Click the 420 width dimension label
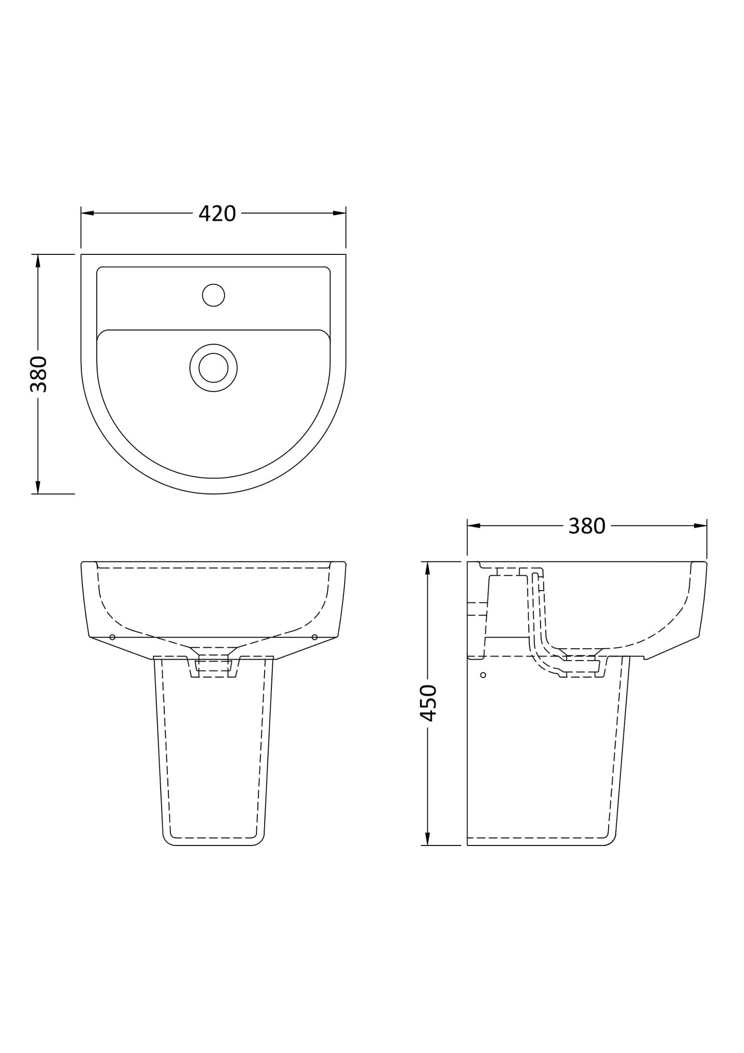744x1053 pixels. tap(217, 214)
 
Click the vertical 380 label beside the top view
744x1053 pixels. tap(39, 374)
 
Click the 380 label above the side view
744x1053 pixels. tap(586, 526)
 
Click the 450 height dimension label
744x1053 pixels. tap(428, 703)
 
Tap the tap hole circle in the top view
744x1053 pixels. tap(213, 295)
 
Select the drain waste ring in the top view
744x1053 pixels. tap(213, 368)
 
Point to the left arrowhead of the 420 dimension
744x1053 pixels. tap(87, 213)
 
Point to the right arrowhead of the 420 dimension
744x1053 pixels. tap(340, 213)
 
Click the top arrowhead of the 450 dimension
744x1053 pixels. tap(427, 567)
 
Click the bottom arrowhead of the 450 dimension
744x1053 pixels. tap(427, 839)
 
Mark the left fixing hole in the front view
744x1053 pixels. tap(112, 637)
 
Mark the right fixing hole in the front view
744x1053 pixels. tap(315, 637)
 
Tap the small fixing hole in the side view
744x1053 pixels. tap(482, 675)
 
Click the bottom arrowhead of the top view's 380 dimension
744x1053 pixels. tap(38, 487)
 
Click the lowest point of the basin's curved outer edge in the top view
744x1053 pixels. tap(213, 494)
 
